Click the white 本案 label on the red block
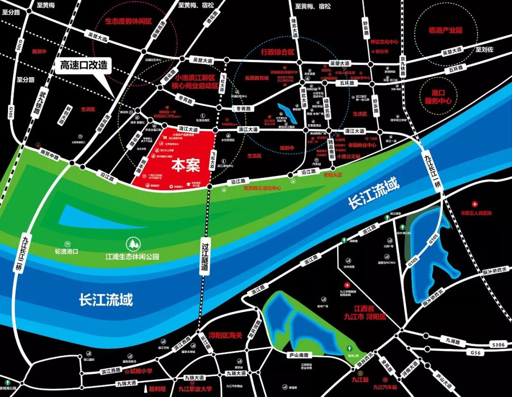click(186, 165)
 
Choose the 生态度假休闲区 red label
click(128, 21)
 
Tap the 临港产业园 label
click(445, 30)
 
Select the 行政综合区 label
click(278, 52)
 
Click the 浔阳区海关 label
click(226, 335)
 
